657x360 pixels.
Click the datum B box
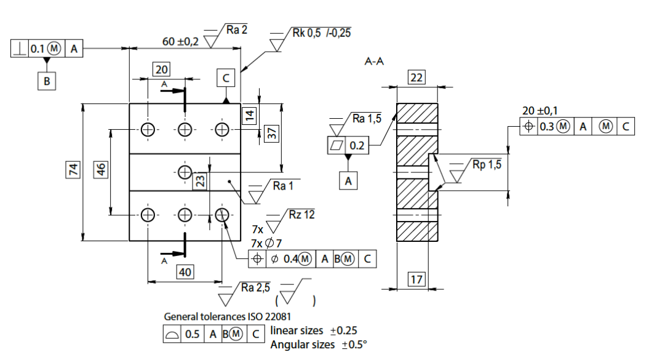(47, 81)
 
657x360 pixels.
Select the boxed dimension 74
(73, 170)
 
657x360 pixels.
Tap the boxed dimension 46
(102, 169)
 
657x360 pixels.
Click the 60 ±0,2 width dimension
(180, 41)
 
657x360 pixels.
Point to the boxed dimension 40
(185, 272)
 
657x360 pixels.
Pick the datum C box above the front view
(226, 78)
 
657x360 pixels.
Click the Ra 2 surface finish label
(237, 30)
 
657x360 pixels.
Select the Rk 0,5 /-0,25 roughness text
(322, 33)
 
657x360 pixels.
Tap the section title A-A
(374, 62)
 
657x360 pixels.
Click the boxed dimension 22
(416, 78)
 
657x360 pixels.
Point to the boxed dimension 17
(416, 279)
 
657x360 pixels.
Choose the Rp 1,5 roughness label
(487, 164)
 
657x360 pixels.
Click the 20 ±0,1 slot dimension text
(540, 111)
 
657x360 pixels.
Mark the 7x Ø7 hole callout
(266, 243)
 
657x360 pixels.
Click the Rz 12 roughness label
(301, 215)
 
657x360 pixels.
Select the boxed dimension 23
(201, 181)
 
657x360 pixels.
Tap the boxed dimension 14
(249, 115)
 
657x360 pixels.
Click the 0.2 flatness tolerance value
(357, 145)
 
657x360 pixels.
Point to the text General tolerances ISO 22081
(228, 316)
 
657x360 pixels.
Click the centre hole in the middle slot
(185, 172)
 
